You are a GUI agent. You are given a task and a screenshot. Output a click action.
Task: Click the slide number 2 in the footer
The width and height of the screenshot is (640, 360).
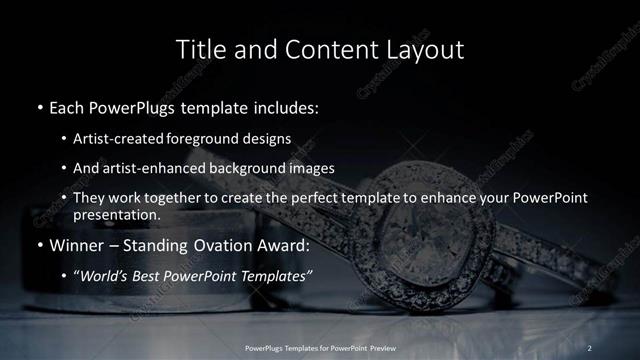pos(589,347)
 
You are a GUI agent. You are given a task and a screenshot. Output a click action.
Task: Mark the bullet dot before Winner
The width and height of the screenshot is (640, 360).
pos(38,244)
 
